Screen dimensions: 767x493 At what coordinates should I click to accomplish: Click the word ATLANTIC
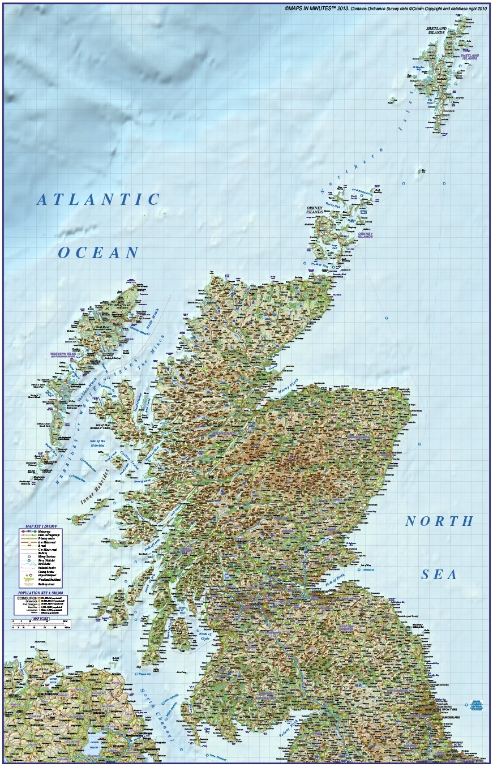tap(100, 199)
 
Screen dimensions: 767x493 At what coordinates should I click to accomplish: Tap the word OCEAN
tap(98, 252)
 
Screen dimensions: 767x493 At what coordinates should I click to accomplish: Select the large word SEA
tap(439, 575)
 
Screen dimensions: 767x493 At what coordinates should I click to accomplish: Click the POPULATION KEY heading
tap(40, 593)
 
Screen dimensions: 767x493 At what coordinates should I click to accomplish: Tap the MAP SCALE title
tap(40, 619)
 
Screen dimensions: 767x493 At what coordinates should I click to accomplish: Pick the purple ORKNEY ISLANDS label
tap(365, 234)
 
